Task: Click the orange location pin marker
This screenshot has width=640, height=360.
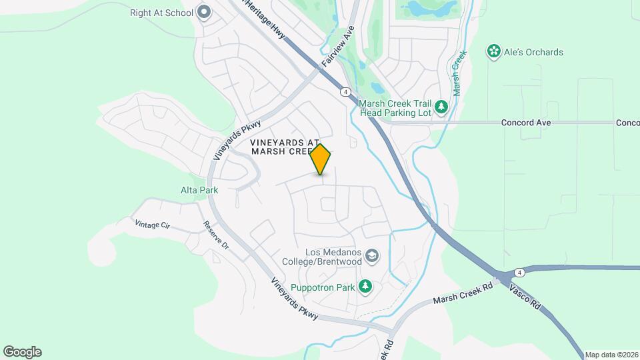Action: tap(321, 159)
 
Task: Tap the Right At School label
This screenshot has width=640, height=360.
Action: tap(161, 12)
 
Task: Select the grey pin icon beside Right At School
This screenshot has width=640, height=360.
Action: tap(204, 12)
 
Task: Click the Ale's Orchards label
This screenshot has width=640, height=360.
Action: tap(533, 52)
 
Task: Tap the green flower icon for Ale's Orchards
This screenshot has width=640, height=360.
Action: tap(494, 52)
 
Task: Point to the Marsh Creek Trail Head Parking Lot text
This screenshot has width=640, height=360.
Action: tap(395, 108)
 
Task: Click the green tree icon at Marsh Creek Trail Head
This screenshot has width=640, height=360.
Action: tap(441, 107)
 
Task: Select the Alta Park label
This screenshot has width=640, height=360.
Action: tap(199, 189)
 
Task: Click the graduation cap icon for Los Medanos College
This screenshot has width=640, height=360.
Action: tap(372, 256)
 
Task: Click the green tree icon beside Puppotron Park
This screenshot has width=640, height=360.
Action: tap(365, 286)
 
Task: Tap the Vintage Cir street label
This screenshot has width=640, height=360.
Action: tap(152, 225)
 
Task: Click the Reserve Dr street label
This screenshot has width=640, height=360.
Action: tap(217, 235)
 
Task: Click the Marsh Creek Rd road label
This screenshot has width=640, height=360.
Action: tap(462, 291)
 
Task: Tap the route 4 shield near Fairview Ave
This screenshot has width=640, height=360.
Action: tap(345, 91)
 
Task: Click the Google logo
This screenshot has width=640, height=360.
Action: tap(22, 351)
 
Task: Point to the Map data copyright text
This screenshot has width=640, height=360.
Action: tap(611, 355)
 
